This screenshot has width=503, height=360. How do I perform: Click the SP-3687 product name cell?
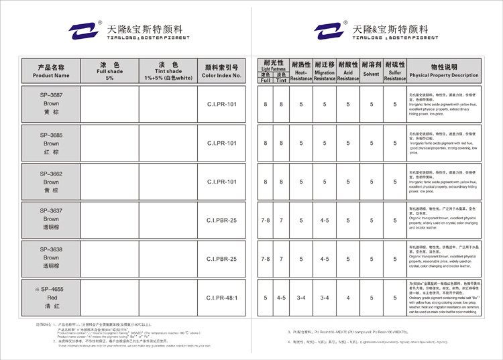pyautogui.click(x=51, y=105)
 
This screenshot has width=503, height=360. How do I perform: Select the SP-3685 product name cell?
pyautogui.click(x=51, y=143)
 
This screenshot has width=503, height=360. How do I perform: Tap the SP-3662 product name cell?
pyautogui.click(x=51, y=182)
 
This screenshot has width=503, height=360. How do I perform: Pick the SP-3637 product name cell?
pyautogui.click(x=51, y=219)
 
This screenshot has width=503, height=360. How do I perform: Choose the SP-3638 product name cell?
pyautogui.click(x=51, y=257)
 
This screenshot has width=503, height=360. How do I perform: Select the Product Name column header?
pyautogui.click(x=51, y=71)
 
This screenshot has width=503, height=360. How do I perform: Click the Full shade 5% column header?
pyautogui.click(x=110, y=71)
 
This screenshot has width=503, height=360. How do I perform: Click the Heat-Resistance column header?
pyautogui.click(x=301, y=71)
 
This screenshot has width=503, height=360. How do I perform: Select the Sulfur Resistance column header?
pyautogui.click(x=394, y=71)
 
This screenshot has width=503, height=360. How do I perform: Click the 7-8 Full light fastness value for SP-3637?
pyautogui.click(x=266, y=219)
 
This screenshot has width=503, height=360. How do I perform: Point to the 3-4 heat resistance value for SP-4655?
pyautogui.click(x=301, y=298)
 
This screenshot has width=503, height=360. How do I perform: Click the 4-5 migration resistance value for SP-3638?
pyautogui.click(x=325, y=257)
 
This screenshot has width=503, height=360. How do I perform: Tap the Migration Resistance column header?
pyautogui.click(x=325, y=71)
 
